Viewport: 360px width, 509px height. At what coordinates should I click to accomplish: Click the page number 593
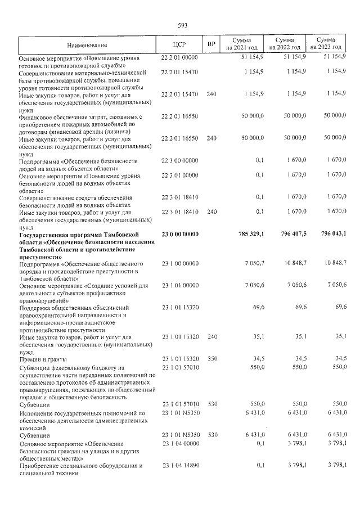pos(182,25)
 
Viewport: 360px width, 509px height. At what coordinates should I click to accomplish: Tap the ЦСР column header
pos(180,44)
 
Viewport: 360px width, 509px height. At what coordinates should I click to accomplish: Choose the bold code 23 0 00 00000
pos(180,234)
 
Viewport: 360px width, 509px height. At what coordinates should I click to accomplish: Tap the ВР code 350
pos(211,358)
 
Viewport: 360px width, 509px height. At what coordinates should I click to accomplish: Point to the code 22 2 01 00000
pos(180,57)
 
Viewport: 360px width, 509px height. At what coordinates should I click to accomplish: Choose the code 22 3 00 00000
pos(180,161)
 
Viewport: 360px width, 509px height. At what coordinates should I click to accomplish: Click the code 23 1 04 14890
pos(180,466)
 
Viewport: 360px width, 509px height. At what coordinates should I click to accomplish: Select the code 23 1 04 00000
pos(180,444)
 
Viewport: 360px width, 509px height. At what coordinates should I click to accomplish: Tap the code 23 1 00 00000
pos(180,263)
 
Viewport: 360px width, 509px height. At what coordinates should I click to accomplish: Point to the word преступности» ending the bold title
pos(40,256)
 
